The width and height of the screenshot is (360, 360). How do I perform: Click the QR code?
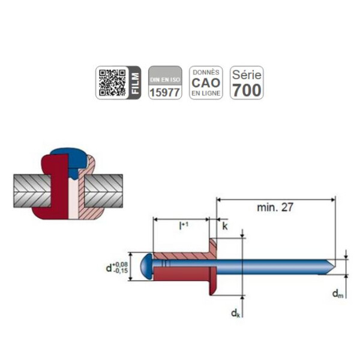(x=112, y=83)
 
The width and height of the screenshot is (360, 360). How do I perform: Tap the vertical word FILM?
(x=135, y=83)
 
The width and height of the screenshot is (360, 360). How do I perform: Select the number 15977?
(x=164, y=92)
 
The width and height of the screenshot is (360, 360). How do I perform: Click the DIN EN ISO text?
(x=165, y=80)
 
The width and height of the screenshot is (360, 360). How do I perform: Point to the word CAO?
(x=206, y=83)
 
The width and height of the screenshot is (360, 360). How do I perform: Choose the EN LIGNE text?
(x=206, y=94)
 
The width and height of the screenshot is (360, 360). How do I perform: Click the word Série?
(x=247, y=75)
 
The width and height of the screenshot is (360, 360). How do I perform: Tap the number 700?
(x=247, y=90)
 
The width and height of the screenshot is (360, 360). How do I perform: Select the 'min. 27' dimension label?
(x=275, y=208)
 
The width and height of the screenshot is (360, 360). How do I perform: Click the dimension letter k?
(x=225, y=226)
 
